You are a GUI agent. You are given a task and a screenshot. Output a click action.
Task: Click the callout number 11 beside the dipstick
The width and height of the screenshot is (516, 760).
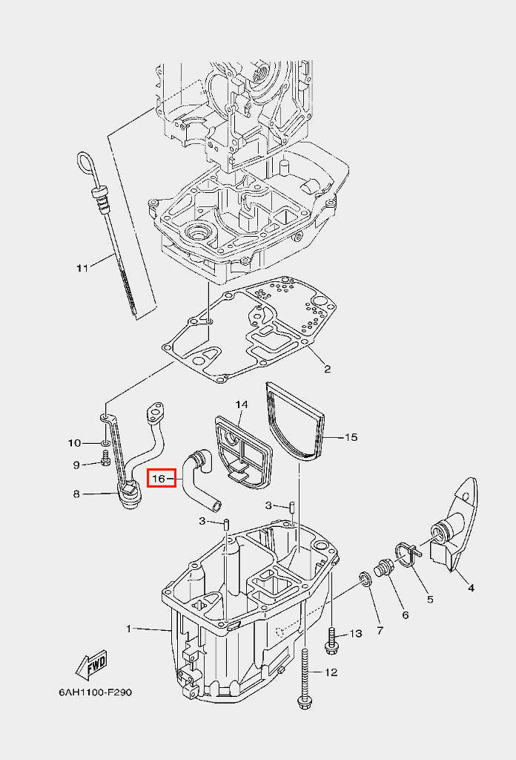(82, 267)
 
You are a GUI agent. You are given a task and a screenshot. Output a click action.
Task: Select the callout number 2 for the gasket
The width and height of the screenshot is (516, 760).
(326, 369)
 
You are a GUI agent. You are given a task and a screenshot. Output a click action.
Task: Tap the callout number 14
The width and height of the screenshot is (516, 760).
(242, 404)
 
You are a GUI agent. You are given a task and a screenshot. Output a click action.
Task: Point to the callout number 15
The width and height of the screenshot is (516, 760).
(351, 437)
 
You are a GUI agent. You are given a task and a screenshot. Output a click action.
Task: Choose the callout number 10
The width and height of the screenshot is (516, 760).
(75, 443)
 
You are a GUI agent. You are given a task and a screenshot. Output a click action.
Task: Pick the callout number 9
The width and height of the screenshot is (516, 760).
(76, 465)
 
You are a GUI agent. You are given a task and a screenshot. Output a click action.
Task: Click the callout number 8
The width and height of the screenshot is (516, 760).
(76, 494)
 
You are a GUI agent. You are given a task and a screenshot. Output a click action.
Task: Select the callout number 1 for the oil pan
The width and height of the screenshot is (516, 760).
(128, 629)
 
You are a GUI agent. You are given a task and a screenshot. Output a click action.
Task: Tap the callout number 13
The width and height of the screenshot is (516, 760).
(356, 633)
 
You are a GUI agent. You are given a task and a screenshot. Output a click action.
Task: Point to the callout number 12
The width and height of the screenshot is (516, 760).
(331, 672)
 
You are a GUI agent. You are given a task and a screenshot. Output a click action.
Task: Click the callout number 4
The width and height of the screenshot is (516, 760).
(470, 589)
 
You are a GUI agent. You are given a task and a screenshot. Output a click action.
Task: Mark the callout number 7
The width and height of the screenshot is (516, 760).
(380, 631)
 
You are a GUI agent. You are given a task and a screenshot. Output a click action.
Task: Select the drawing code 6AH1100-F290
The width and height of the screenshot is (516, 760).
(96, 692)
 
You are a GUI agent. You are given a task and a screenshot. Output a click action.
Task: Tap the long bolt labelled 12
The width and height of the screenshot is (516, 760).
(305, 675)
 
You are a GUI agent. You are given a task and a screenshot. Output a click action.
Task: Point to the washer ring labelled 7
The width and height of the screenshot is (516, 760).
(365, 579)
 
